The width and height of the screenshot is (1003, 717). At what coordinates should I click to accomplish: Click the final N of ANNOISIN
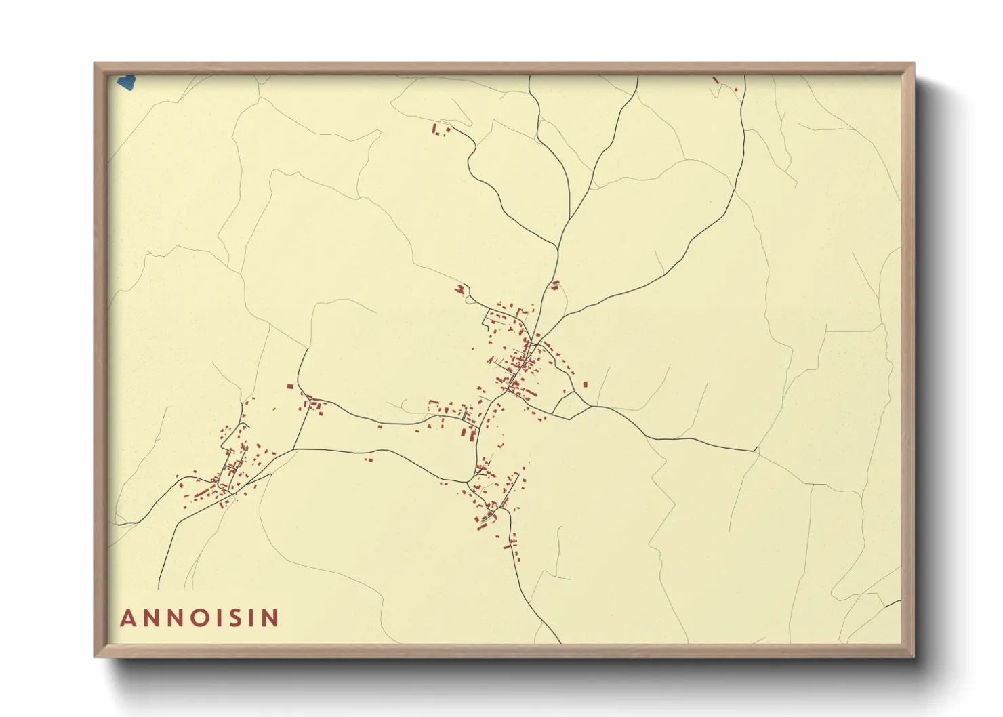coord(270,618)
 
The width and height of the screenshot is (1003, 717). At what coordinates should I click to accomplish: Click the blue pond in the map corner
coord(126,83)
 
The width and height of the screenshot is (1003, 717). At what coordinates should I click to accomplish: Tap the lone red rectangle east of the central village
coord(585,384)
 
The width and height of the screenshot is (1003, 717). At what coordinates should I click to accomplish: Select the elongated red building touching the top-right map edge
coord(716,80)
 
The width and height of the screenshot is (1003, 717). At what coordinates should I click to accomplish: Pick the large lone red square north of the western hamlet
coord(290,386)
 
